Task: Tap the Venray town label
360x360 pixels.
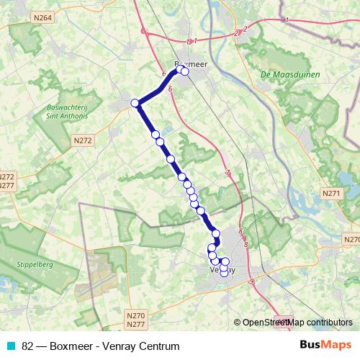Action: (x=222, y=270)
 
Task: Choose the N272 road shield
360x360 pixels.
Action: (x=81, y=140)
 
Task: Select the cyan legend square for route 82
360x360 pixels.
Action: (x=10, y=346)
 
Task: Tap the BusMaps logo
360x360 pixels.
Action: (x=325, y=346)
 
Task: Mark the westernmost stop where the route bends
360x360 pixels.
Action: (x=135, y=103)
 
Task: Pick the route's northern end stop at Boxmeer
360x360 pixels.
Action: (x=185, y=71)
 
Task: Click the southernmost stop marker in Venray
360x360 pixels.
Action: (x=223, y=272)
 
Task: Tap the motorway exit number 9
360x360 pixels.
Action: (x=251, y=281)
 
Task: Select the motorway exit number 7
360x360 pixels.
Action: (x=227, y=174)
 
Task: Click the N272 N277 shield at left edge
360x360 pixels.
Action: (x=6, y=181)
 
